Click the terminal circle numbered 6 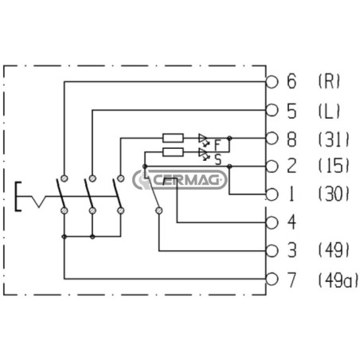pyautogui.click(x=272, y=81)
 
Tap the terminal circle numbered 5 pyautogui.click(x=272, y=110)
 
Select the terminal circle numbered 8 pyautogui.click(x=272, y=139)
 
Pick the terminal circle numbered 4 pyautogui.click(x=272, y=222)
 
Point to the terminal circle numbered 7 pyautogui.click(x=272, y=279)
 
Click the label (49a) pyautogui.click(x=338, y=280)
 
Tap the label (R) pyautogui.click(x=329, y=81)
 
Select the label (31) pyautogui.click(x=334, y=139)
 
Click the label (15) pyautogui.click(x=334, y=166)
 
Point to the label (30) pyautogui.click(x=334, y=194)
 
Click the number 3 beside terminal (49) pyautogui.click(x=292, y=250)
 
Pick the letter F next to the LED pyautogui.click(x=217, y=145)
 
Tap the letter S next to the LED pyautogui.click(x=218, y=160)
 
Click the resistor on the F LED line pyautogui.click(x=173, y=138)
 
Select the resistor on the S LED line pyautogui.click(x=173, y=152)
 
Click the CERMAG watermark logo pyautogui.click(x=180, y=179)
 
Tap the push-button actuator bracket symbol pyautogui.click(x=18, y=197)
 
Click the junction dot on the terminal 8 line pyautogui.click(x=229, y=138)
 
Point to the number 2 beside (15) pyautogui.click(x=292, y=166)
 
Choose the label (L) pyautogui.click(x=329, y=111)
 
